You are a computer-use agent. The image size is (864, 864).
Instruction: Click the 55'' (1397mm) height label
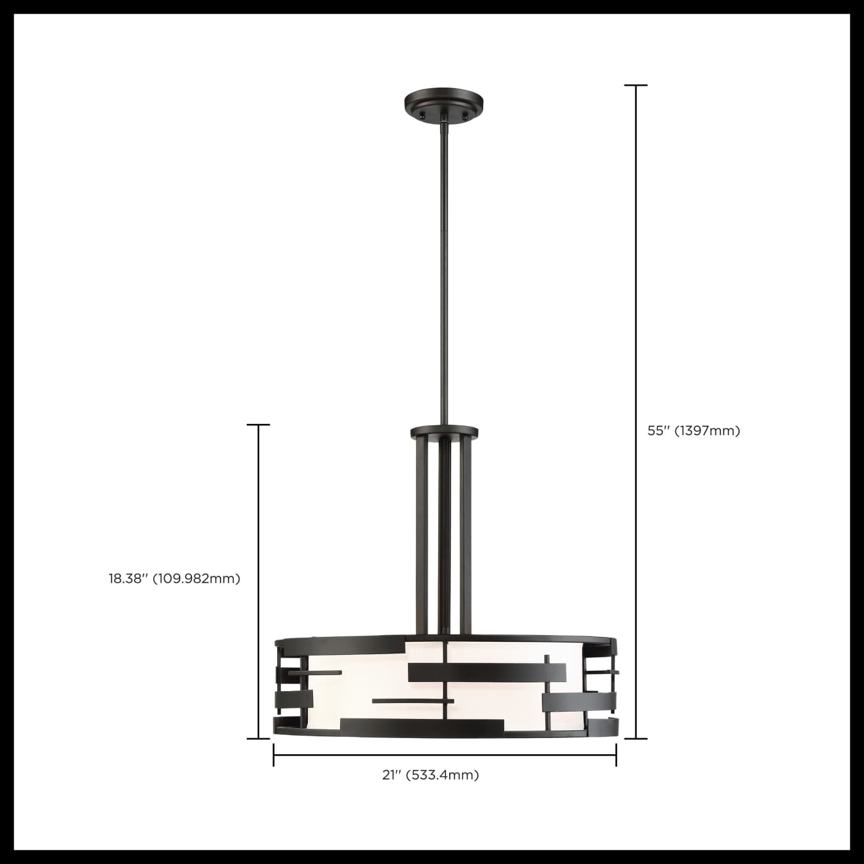[694, 431]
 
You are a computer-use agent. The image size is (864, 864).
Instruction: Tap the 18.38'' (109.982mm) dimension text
[175, 579]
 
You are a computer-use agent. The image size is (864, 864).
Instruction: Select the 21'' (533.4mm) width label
[431, 775]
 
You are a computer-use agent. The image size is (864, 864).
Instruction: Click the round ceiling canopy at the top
[443, 102]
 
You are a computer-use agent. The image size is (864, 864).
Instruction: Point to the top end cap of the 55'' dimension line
[636, 85]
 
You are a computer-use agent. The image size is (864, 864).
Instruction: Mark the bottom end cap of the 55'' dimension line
[636, 738]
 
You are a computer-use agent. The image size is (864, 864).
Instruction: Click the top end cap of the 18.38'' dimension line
[258, 425]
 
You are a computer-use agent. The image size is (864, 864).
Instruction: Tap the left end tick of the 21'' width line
[273, 755]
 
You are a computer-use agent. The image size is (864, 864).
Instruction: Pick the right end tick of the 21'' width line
[616, 755]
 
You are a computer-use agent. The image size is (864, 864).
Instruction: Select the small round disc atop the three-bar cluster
[444, 431]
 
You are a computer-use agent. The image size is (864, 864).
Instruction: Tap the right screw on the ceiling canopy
[465, 115]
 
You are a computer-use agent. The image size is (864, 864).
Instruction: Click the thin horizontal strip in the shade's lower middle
[413, 701]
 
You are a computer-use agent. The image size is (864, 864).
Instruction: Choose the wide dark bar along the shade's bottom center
[422, 728]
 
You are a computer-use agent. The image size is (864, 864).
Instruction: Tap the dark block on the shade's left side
[294, 700]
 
